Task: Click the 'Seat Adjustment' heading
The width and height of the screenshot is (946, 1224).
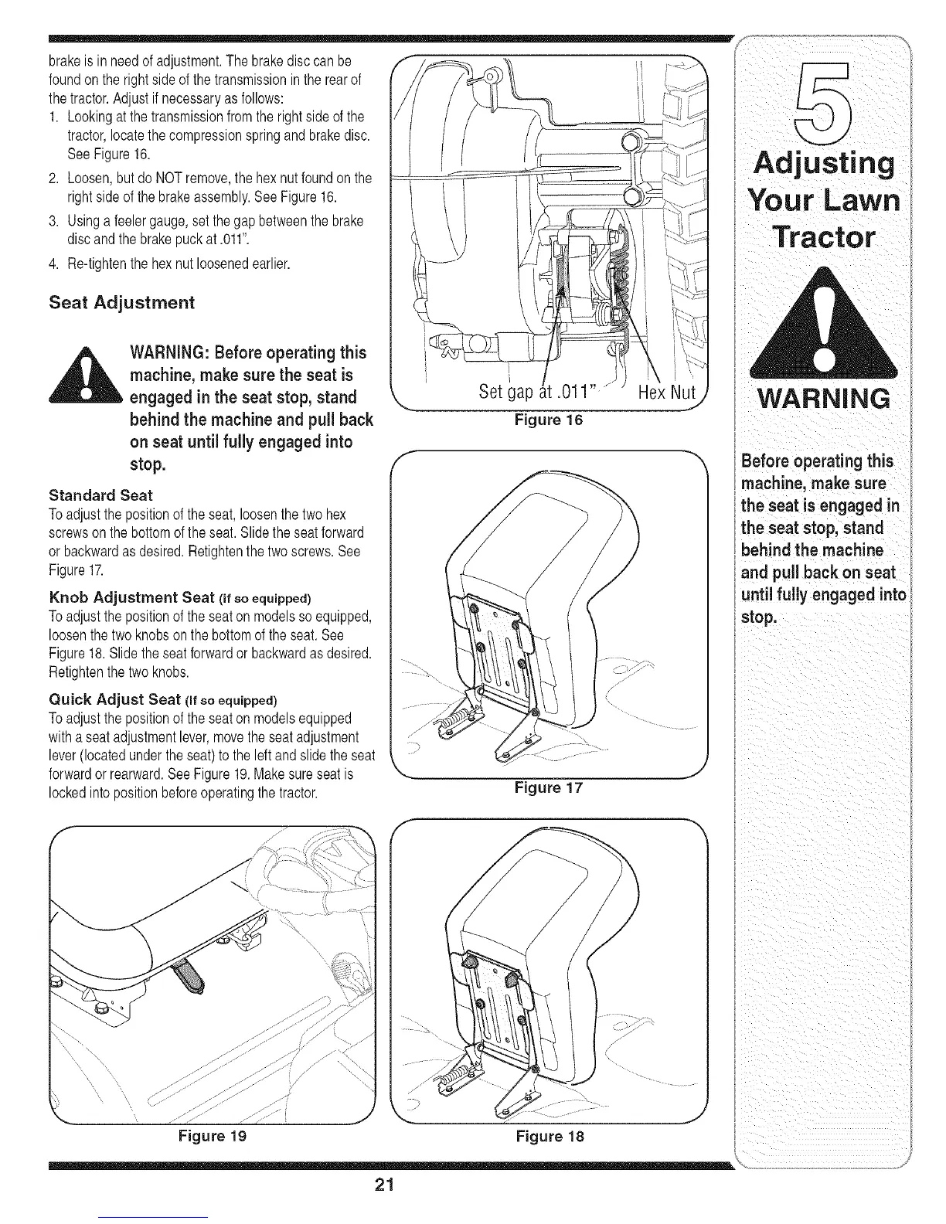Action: pos(121,302)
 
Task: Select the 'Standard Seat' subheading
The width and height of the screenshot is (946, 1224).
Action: pos(100,495)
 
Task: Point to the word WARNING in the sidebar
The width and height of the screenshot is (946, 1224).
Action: pos(825,399)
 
